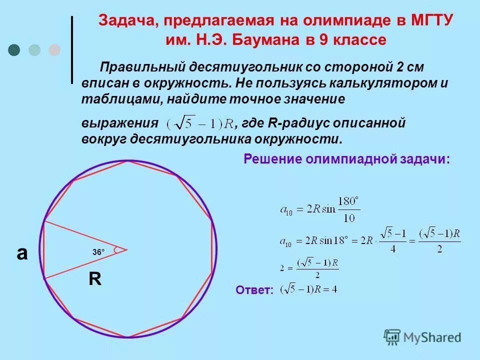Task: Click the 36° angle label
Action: tap(98, 253)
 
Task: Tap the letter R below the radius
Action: tap(95, 279)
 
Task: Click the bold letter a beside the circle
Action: tap(22, 253)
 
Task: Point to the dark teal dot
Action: tap(14, 49)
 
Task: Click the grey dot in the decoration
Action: tap(54, 49)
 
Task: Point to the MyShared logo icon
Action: tap(392, 337)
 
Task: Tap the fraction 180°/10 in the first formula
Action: tap(348, 208)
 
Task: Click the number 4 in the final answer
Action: tap(334, 289)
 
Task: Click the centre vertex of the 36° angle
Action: tap(127, 249)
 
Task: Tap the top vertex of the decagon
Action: tap(128, 160)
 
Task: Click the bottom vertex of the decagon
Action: tap(128, 337)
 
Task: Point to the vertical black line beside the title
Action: tap(72, 49)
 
